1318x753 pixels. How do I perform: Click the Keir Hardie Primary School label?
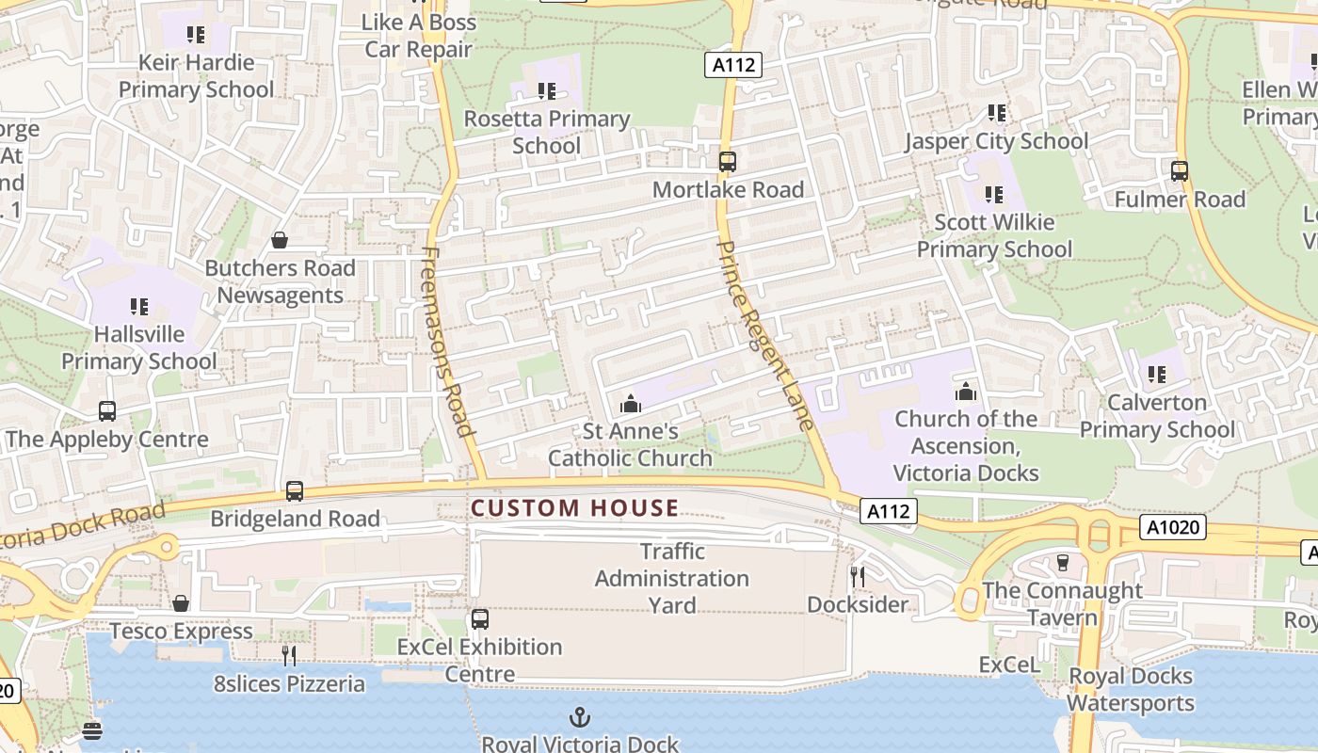tap(196, 76)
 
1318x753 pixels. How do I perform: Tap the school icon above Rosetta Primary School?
tap(546, 91)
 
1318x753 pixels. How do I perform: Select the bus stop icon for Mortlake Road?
tap(727, 161)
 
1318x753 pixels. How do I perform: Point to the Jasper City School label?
tap(996, 141)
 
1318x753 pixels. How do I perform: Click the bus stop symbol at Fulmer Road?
tap(1179, 171)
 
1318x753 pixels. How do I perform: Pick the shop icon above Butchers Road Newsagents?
tap(280, 240)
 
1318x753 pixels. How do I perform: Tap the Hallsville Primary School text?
tap(139, 347)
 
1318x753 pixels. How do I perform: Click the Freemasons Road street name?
tap(449, 342)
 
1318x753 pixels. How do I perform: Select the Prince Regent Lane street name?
tap(764, 335)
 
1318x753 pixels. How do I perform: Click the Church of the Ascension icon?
tap(966, 392)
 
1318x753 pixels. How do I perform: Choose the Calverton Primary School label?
tap(1156, 416)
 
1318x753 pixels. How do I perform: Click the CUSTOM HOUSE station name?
tap(574, 508)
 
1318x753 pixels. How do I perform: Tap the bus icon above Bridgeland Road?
tap(295, 490)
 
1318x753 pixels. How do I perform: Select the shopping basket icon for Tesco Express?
tap(181, 602)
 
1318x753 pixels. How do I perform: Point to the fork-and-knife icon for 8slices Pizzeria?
tap(289, 655)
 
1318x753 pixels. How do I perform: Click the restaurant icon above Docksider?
tap(857, 576)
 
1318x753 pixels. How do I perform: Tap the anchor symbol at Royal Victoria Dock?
tap(580, 717)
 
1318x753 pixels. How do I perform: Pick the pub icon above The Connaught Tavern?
tap(1062, 562)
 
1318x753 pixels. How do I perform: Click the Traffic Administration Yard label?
tap(672, 578)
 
